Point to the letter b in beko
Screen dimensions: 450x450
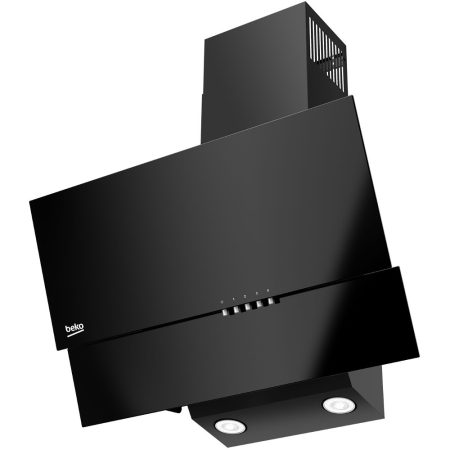[68, 327]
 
